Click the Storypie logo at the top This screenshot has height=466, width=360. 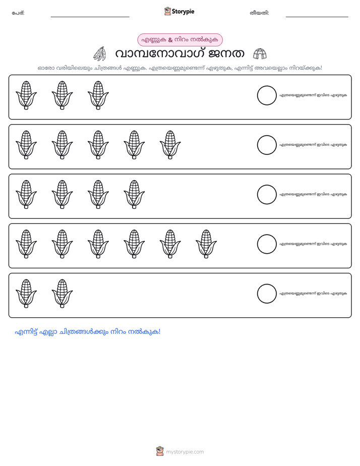(179, 11)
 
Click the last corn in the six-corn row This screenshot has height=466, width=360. (206, 244)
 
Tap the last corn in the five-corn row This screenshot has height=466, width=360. (170, 145)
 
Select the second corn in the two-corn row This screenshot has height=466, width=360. (62, 294)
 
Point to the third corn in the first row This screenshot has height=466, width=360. (98, 95)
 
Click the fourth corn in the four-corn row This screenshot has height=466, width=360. (134, 194)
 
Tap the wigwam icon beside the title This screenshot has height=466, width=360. (260, 54)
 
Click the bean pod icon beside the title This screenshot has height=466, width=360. (99, 54)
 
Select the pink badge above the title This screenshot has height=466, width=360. (180, 40)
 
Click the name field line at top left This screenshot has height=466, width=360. (90, 17)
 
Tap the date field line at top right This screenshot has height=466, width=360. (317, 17)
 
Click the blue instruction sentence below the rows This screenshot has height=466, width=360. (88, 332)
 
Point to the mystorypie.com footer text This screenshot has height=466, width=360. (185, 452)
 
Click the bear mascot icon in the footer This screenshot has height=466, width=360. (160, 451)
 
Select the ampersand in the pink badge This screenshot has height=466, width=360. (170, 40)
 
